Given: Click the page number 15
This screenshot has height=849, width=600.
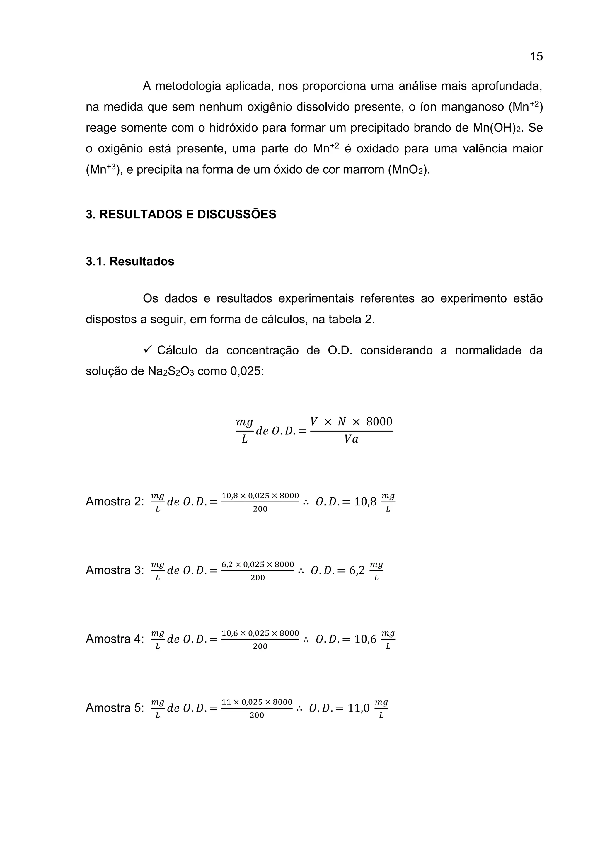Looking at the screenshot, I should pos(536,57).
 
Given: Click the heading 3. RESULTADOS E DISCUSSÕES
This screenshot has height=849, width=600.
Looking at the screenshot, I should pos(181,215).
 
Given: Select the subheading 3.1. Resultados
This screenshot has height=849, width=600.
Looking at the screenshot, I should pos(130,262).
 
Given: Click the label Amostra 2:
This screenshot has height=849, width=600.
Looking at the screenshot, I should pos(114,502).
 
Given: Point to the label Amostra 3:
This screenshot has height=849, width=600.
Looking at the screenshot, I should pos(114,570).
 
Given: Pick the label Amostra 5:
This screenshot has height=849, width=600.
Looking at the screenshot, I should pos(114,708).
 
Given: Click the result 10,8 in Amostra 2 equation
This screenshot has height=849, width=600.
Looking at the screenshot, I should pos(365,502).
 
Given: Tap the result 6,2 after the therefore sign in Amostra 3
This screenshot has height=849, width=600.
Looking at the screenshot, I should pos(357,570).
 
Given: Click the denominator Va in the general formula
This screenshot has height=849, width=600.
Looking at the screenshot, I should pos(351,439).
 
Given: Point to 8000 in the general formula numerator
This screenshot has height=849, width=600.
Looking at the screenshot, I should pos(379,422).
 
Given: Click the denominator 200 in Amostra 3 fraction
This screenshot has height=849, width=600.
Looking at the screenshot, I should pos(258,578).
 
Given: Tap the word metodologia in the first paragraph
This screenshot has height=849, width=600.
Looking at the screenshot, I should pos(187,86).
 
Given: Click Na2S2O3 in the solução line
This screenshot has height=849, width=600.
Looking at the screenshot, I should pos(171,371).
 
